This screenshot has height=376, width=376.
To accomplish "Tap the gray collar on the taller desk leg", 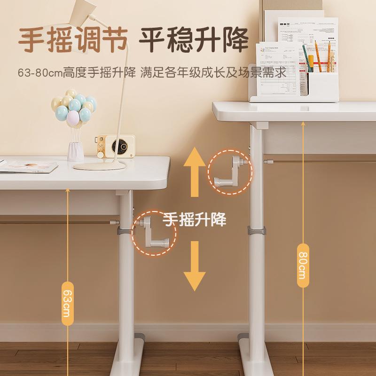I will pyautogui.click(x=257, y=231).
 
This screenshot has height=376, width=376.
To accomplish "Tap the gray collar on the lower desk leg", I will pyautogui.click(x=125, y=230).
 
